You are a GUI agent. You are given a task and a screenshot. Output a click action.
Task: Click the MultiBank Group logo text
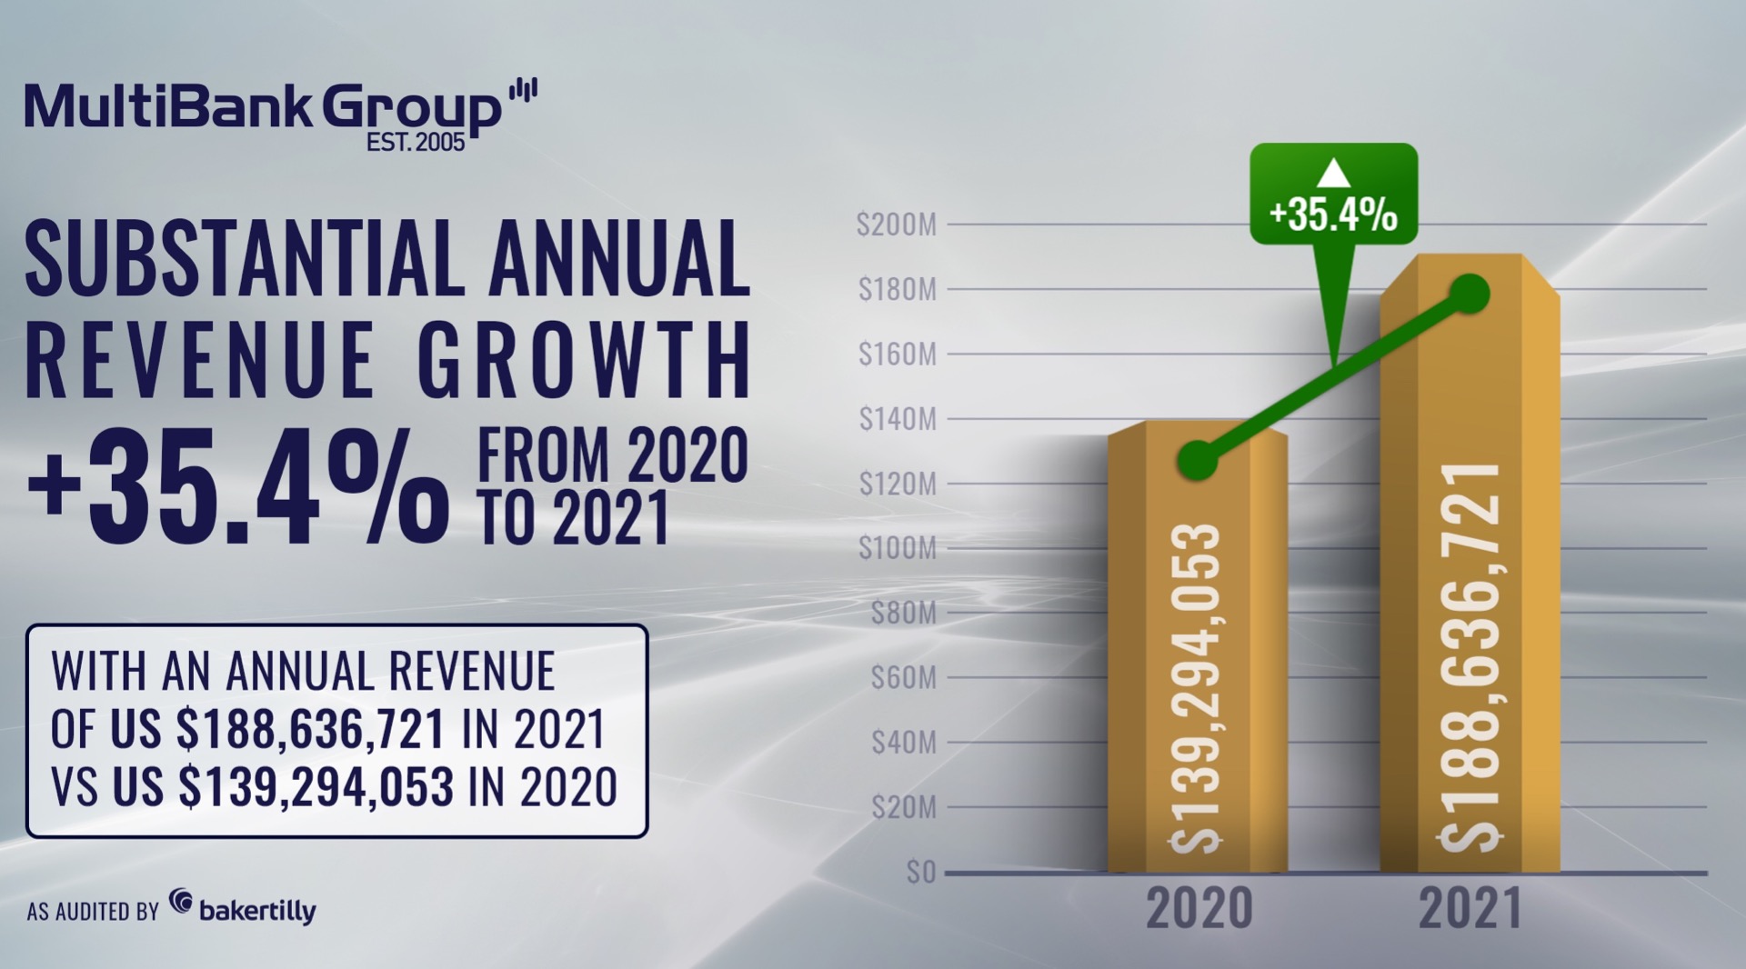[x=264, y=107]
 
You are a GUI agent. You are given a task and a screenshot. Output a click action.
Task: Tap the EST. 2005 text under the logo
[x=416, y=143]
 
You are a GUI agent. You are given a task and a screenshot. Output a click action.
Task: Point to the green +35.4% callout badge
[x=1333, y=195]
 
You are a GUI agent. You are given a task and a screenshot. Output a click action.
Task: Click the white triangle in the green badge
[x=1333, y=173]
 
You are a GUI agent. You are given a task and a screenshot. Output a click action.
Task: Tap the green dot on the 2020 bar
[x=1198, y=461]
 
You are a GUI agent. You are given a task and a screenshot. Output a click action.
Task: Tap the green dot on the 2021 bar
[x=1470, y=294]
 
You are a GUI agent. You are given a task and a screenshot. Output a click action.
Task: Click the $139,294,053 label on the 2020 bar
[x=1196, y=688]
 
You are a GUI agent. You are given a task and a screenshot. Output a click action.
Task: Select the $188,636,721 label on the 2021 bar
[x=1470, y=656]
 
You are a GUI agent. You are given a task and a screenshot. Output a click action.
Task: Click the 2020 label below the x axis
[x=1199, y=908]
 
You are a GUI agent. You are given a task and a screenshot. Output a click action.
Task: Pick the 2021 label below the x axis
[x=1470, y=908]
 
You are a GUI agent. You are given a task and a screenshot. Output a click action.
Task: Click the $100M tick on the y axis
[x=897, y=548]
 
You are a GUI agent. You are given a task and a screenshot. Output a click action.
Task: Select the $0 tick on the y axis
[x=920, y=873]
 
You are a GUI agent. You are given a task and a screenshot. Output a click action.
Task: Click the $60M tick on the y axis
[x=903, y=678]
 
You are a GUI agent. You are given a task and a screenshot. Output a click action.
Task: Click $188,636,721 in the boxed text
[x=311, y=729]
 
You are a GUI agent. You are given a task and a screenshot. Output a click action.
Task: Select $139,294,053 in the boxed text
[x=316, y=786]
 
